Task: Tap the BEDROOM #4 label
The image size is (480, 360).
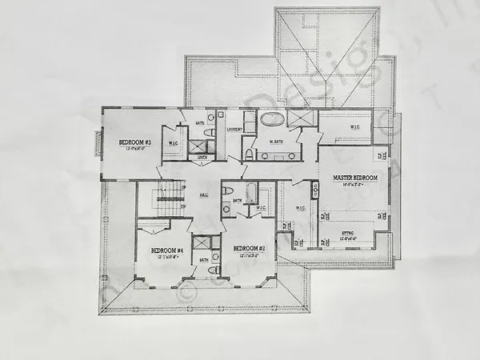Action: (169, 250)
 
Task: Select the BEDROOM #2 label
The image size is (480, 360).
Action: (249, 249)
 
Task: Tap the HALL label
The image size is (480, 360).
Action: (204, 194)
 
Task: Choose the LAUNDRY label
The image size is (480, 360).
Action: (234, 129)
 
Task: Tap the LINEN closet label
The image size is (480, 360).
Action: (203, 157)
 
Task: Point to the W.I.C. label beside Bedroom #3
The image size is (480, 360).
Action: (174, 144)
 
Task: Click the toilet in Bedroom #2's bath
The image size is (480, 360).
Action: (227, 191)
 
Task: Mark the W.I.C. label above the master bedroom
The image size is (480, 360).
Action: (355, 128)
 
